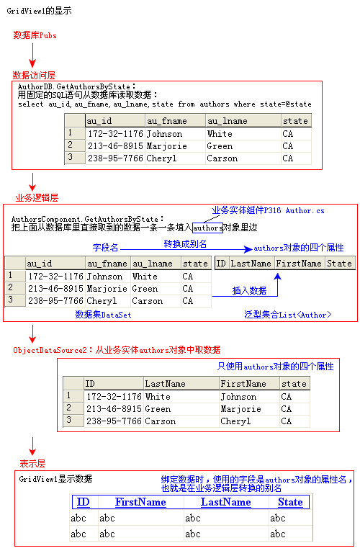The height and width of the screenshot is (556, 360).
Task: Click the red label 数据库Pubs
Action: pyautogui.click(x=35, y=35)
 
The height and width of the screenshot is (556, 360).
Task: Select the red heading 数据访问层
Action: pyautogui.click(x=34, y=75)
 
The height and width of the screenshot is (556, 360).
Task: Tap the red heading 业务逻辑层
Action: pyautogui.click(x=37, y=197)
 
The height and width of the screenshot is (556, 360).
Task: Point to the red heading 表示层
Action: pyautogui.click(x=32, y=463)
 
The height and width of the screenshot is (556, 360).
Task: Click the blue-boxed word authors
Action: pyautogui.click(x=207, y=228)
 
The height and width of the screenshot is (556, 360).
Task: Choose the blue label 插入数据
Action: pyautogui.click(x=249, y=291)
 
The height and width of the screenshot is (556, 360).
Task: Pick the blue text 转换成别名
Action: pyautogui.click(x=185, y=244)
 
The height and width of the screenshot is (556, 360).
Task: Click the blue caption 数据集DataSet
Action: pyautogui.click(x=103, y=315)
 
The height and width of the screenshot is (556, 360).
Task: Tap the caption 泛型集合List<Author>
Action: pyautogui.click(x=288, y=315)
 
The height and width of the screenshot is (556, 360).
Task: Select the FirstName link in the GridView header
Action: pyautogui.click(x=140, y=502)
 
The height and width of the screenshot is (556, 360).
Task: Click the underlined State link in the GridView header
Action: pyautogui.click(x=290, y=502)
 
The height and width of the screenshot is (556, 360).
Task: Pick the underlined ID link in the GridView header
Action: pyautogui.click(x=84, y=502)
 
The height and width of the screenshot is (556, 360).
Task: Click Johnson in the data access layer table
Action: pyautogui.click(x=164, y=134)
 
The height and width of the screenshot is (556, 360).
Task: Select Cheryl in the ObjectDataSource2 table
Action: pyautogui.click(x=235, y=421)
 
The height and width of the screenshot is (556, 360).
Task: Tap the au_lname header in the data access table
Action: pyautogui.click(x=227, y=121)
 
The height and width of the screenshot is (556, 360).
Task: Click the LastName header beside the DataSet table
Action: pyautogui.click(x=251, y=264)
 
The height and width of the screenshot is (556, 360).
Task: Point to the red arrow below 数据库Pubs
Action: pyautogui.click(x=32, y=55)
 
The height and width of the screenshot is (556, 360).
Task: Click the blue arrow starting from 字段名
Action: pyautogui.click(x=186, y=249)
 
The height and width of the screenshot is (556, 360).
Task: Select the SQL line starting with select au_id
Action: pyautogui.click(x=165, y=104)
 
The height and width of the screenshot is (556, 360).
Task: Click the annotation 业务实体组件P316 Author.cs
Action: pyautogui.click(x=269, y=210)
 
